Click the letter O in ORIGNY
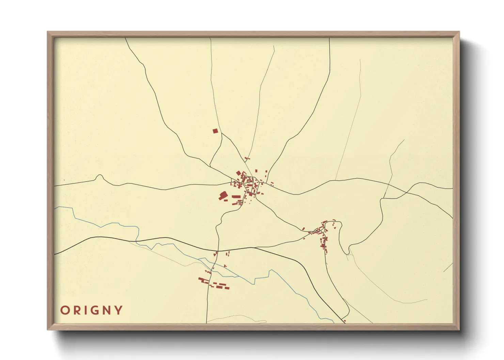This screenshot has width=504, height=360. (65, 310)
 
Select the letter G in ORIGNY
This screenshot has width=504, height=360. (94, 310)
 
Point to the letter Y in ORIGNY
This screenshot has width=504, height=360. (119, 310)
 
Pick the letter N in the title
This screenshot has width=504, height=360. (106, 310)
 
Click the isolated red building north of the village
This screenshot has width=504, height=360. (215, 131)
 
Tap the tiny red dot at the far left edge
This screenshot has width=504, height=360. (64, 180)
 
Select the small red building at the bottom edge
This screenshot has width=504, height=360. (345, 321)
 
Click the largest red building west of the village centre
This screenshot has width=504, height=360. (223, 195)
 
